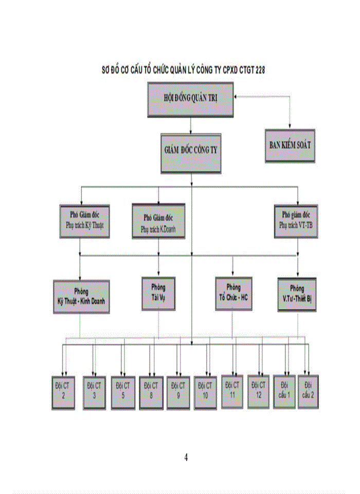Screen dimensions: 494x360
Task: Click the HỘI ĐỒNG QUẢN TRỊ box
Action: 190,98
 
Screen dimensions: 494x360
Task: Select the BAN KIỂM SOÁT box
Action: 290,145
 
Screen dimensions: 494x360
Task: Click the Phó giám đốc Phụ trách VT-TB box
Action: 297,221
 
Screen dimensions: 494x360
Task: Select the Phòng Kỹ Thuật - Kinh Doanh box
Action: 81,297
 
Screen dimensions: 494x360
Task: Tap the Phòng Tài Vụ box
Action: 158,292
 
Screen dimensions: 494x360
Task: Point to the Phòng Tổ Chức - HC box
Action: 233,293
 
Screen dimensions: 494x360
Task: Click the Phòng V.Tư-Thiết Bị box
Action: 297,294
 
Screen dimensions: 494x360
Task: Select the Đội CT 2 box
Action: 63,392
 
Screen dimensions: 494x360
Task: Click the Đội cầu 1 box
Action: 284,391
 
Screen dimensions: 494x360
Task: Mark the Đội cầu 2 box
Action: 308,391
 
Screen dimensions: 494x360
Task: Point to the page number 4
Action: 186,457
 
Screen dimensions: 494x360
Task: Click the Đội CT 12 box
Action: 259,391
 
